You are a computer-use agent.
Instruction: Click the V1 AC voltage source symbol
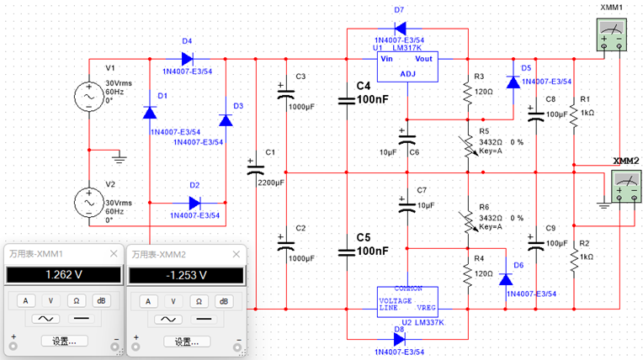(x=88, y=97)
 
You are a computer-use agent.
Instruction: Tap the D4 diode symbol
(x=187, y=59)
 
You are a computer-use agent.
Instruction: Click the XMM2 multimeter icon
(x=624, y=183)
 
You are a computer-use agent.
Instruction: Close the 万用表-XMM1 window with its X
(x=114, y=253)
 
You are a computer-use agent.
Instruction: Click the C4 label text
(x=364, y=87)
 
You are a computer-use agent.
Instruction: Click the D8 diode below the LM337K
(x=401, y=339)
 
